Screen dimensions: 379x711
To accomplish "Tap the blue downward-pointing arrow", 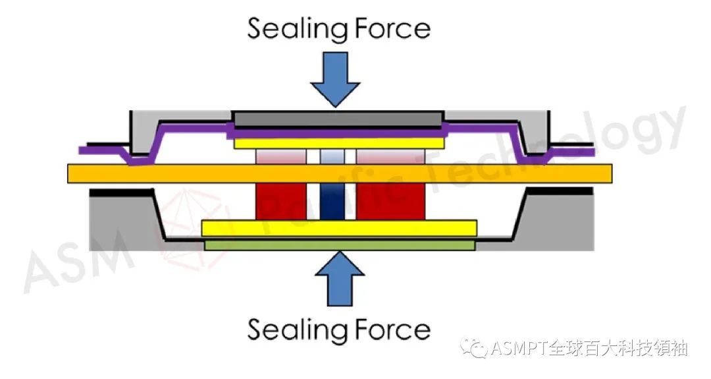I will point(335,78).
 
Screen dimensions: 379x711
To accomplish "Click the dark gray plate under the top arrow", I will point(338,120).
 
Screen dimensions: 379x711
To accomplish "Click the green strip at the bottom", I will point(339,245).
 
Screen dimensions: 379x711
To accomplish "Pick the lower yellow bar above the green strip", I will point(339,228).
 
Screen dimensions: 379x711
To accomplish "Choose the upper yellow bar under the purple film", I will point(339,143).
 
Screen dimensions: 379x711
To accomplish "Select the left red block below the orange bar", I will point(281,201).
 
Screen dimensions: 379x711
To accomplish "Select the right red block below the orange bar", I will point(390,201).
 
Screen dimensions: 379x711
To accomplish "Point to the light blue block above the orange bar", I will point(332,156).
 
